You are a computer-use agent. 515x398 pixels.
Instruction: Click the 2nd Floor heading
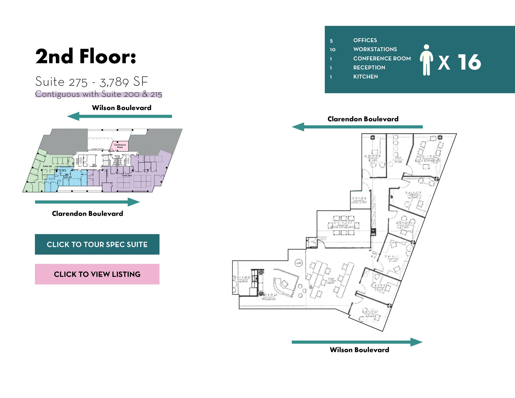(85, 57)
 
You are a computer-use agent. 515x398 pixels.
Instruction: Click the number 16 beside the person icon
(469, 62)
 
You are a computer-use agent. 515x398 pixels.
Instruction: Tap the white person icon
(426, 60)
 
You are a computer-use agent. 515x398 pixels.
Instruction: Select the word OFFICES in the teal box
(365, 40)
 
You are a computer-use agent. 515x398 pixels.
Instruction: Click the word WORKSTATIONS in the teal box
(375, 49)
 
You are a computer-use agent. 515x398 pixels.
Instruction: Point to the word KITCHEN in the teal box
(365, 77)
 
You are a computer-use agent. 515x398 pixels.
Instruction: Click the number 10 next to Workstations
(332, 50)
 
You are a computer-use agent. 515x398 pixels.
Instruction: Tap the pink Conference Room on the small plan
(120, 146)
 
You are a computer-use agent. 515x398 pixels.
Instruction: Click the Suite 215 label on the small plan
(67, 177)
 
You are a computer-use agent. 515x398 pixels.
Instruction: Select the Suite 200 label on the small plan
(127, 175)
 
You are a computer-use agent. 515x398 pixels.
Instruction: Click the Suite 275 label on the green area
(47, 166)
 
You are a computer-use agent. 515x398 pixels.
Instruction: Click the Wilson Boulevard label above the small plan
(121, 108)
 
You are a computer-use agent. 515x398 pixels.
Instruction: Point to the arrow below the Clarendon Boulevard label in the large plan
(357, 127)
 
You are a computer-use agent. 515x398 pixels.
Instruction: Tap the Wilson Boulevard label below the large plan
(359, 350)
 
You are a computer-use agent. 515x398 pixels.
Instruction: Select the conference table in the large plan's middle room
(344, 225)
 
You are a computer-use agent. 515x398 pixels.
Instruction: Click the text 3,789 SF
(124, 82)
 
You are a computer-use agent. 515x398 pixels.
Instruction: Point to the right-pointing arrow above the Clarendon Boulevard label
(87, 202)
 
